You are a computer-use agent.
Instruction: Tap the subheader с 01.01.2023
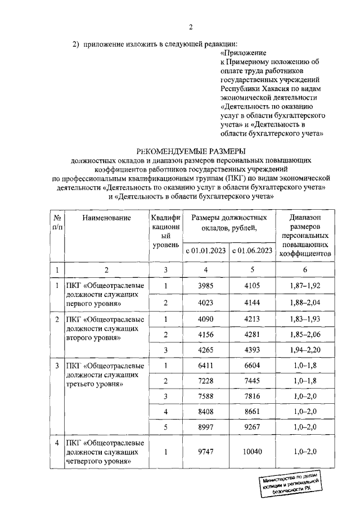click(x=205, y=250)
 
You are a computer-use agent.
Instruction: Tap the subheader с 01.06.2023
click(x=251, y=250)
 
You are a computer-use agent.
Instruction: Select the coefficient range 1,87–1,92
click(x=307, y=287)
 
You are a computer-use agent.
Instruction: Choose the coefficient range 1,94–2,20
click(x=307, y=351)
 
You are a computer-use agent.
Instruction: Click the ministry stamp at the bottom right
click(x=290, y=484)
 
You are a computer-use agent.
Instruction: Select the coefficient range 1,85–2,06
click(x=307, y=335)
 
